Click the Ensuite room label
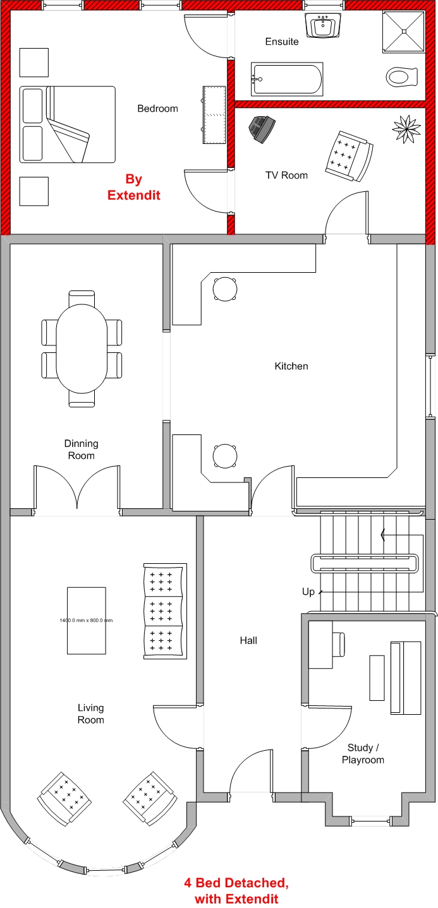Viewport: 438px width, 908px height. pos(282,41)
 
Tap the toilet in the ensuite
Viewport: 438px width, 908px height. pos(402,76)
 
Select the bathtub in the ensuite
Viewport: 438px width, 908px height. pos(287,79)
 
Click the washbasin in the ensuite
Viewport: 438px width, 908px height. pos(323,25)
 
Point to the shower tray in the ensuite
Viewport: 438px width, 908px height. pos(403,32)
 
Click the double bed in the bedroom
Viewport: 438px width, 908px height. pos(68,124)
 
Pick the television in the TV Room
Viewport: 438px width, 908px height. pos(262,129)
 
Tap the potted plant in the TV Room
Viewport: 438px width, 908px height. pos(406,129)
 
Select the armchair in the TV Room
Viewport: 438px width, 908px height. pos(349,156)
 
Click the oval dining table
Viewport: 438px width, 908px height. pos(82,349)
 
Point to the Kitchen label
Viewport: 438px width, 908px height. pos(291,366)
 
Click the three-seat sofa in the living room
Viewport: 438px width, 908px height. pos(165,611)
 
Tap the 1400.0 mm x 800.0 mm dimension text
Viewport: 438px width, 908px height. pos(86,620)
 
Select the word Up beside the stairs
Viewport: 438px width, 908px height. pos(308,592)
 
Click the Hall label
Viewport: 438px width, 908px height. pos(248,640)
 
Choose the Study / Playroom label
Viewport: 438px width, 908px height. pos(363,753)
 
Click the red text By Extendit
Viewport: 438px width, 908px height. pos(133,187)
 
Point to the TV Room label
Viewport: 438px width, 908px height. pos(286,175)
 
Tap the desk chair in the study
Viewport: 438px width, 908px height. pos(339,644)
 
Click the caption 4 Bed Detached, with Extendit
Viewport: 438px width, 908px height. pos(236,891)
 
